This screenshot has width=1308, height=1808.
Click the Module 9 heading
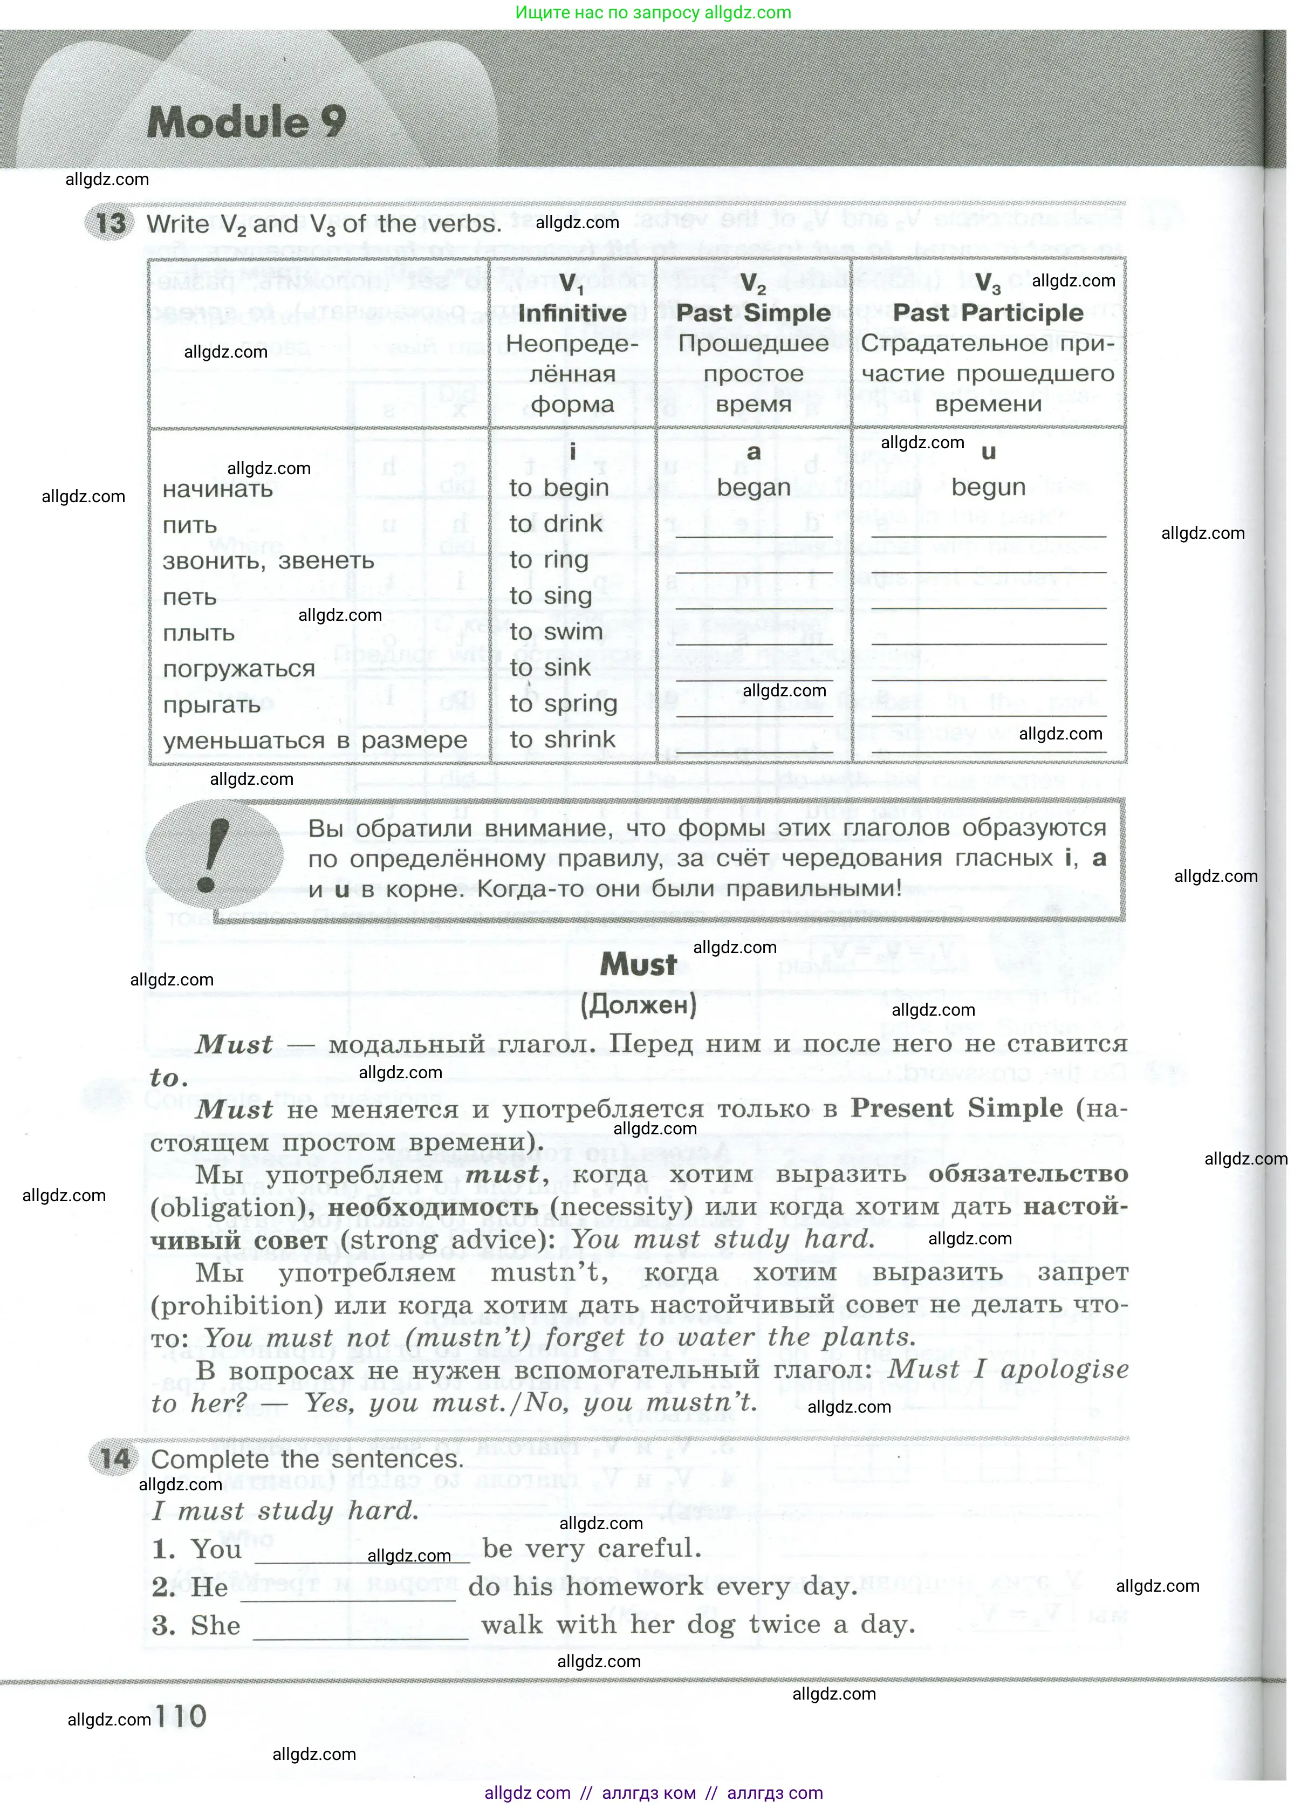(246, 122)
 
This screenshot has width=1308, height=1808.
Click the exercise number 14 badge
(115, 1459)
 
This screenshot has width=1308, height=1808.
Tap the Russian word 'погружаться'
(239, 668)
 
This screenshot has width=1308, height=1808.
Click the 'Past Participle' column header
(988, 312)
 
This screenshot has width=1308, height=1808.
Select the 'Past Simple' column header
(753, 312)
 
